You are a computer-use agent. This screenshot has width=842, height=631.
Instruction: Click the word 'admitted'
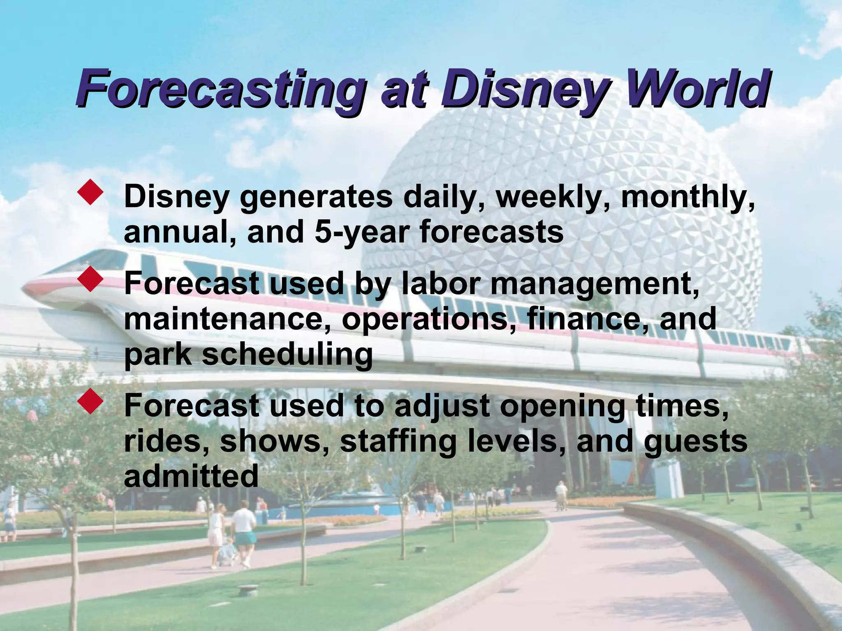(x=191, y=476)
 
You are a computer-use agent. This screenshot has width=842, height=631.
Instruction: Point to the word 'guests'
(x=695, y=442)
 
